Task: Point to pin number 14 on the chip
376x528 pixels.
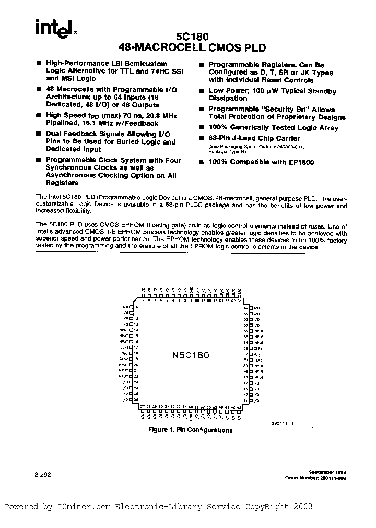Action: tap(136, 330)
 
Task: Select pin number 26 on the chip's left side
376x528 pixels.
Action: tap(136, 400)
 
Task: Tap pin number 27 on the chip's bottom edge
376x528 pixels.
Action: tap(142, 406)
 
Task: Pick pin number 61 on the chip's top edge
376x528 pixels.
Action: tap(240, 301)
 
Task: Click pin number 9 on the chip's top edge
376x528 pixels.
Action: tap(142, 301)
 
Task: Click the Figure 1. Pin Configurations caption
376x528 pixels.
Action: tap(190, 430)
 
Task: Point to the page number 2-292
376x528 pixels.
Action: tap(44, 475)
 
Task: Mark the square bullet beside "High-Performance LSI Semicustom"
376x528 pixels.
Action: tap(39, 64)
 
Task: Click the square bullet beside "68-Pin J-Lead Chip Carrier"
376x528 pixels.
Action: tap(202, 139)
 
